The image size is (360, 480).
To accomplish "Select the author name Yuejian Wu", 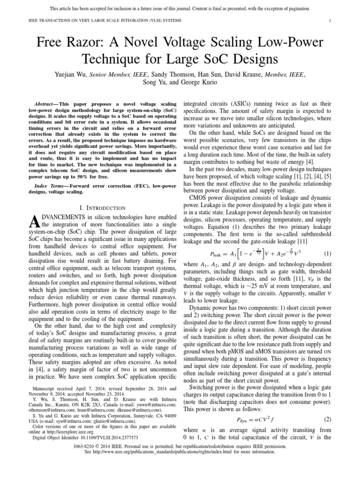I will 72,74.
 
